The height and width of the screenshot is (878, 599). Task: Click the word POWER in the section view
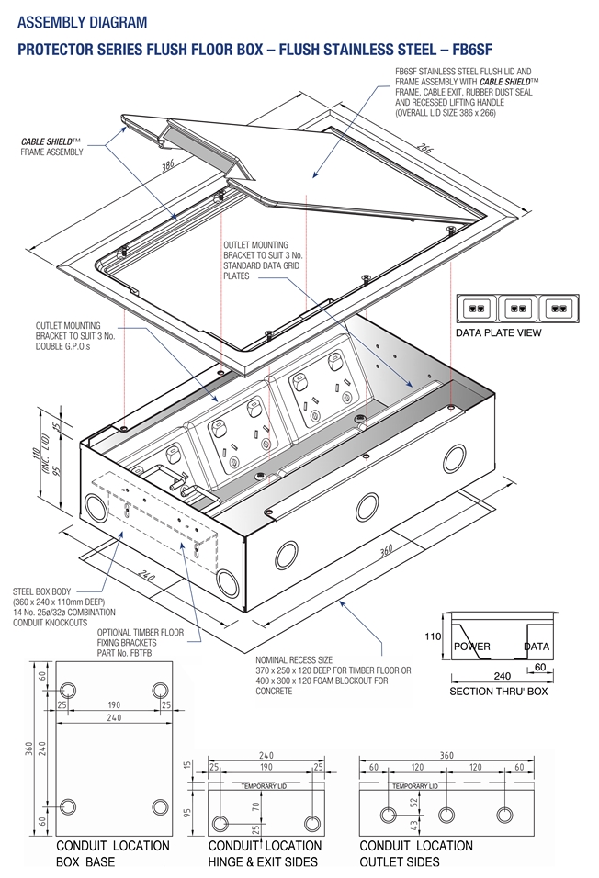pyautogui.click(x=472, y=647)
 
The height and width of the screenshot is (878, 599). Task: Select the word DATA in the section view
pyautogui.click(x=537, y=647)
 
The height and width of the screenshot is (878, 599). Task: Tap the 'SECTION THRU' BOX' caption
pyautogui.click(x=498, y=691)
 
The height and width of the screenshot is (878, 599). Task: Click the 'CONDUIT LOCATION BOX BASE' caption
pyautogui.click(x=112, y=853)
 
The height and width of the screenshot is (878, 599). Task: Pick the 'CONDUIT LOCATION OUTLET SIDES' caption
pyautogui.click(x=415, y=853)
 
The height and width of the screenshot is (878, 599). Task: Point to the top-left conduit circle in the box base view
pyautogui.click(x=68, y=690)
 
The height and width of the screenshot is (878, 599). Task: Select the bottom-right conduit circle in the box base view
pyautogui.click(x=160, y=807)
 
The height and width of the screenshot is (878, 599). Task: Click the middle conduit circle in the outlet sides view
pyautogui.click(x=446, y=815)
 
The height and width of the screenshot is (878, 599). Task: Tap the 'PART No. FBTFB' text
pyautogui.click(x=133, y=653)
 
